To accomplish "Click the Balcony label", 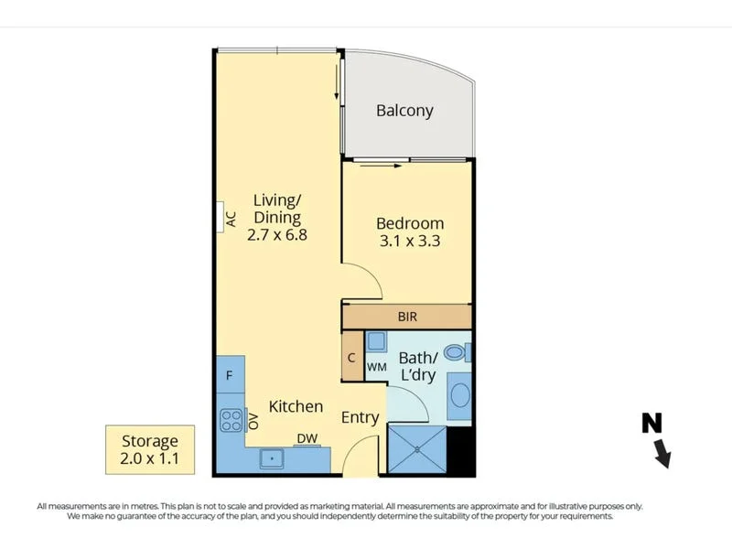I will (404, 111).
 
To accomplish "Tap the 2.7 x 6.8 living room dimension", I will (276, 234).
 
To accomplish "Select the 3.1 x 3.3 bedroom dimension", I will (410, 242).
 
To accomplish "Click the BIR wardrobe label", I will (407, 317).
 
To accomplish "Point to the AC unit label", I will (231, 219).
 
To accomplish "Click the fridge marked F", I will (229, 375).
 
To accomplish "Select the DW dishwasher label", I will (307, 438).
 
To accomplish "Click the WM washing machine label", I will (376, 367).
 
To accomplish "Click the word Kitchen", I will (296, 406).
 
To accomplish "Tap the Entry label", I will (360, 417).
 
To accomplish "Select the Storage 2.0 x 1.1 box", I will (150, 448).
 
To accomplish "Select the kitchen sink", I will (273, 457).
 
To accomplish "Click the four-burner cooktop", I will (229, 419).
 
